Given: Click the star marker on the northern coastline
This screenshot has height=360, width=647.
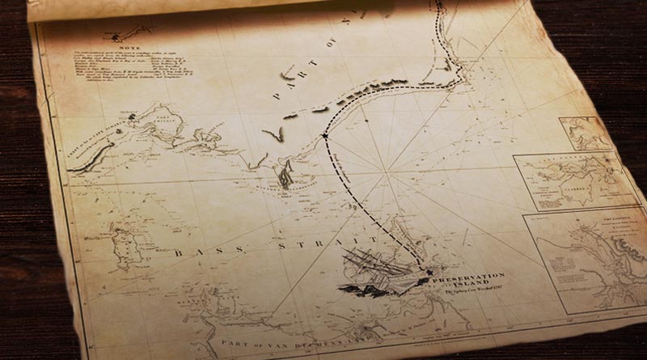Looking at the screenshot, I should tap(324, 135).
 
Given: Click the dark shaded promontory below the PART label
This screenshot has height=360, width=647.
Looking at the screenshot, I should tap(284, 173).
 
